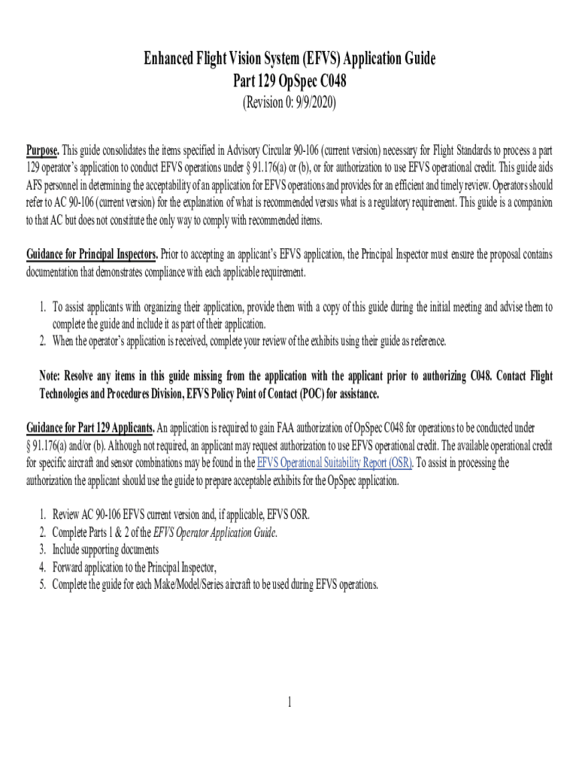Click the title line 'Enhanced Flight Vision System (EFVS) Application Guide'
(x=289, y=59)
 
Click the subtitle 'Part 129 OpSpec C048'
(x=289, y=80)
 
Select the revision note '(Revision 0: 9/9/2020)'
(x=289, y=103)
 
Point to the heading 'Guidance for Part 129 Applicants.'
(x=90, y=428)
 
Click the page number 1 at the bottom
(x=289, y=702)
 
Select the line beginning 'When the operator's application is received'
(x=248, y=341)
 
